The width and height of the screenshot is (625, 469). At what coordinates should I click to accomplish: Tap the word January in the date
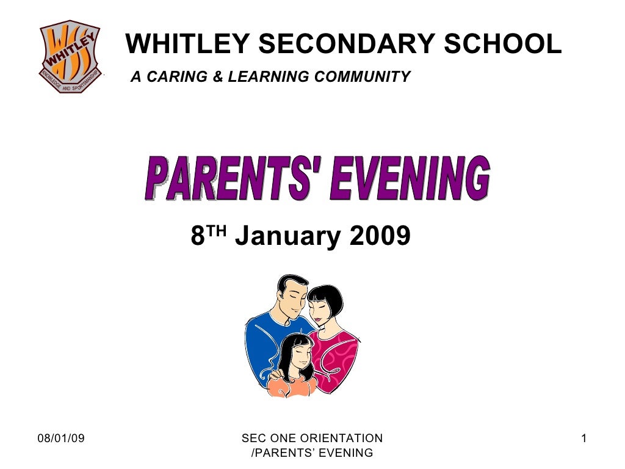pos(288,235)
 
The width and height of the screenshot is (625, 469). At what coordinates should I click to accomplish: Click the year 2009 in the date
pos(380,235)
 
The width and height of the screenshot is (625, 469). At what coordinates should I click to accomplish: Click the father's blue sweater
pos(262,342)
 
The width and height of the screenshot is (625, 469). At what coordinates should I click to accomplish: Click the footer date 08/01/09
pos(61,438)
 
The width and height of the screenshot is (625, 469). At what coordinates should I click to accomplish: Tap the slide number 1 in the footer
pos(584,438)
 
